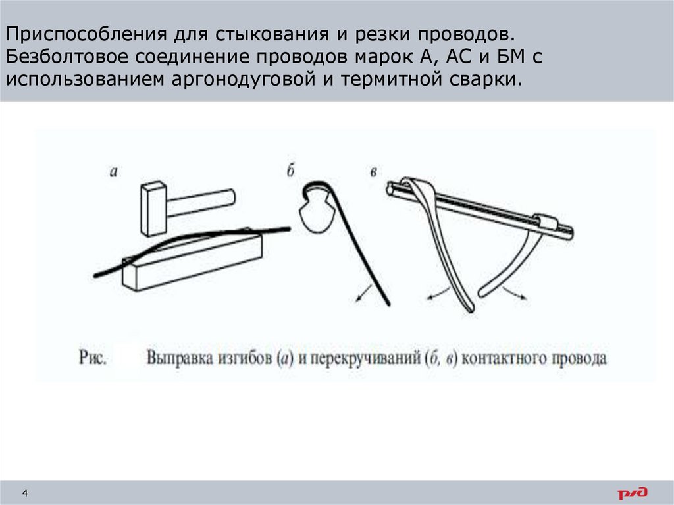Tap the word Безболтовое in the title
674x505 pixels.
(x=67, y=57)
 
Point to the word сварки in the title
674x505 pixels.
(x=486, y=79)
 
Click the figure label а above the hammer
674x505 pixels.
(x=113, y=172)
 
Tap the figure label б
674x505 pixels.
(x=290, y=171)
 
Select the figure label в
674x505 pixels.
(x=373, y=172)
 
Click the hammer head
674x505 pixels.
(x=153, y=209)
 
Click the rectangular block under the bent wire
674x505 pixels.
(x=192, y=260)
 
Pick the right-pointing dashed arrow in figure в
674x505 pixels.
(x=514, y=292)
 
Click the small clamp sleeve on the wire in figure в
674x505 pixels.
(x=547, y=223)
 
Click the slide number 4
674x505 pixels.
(x=25, y=493)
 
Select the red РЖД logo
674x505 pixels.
(x=633, y=493)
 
